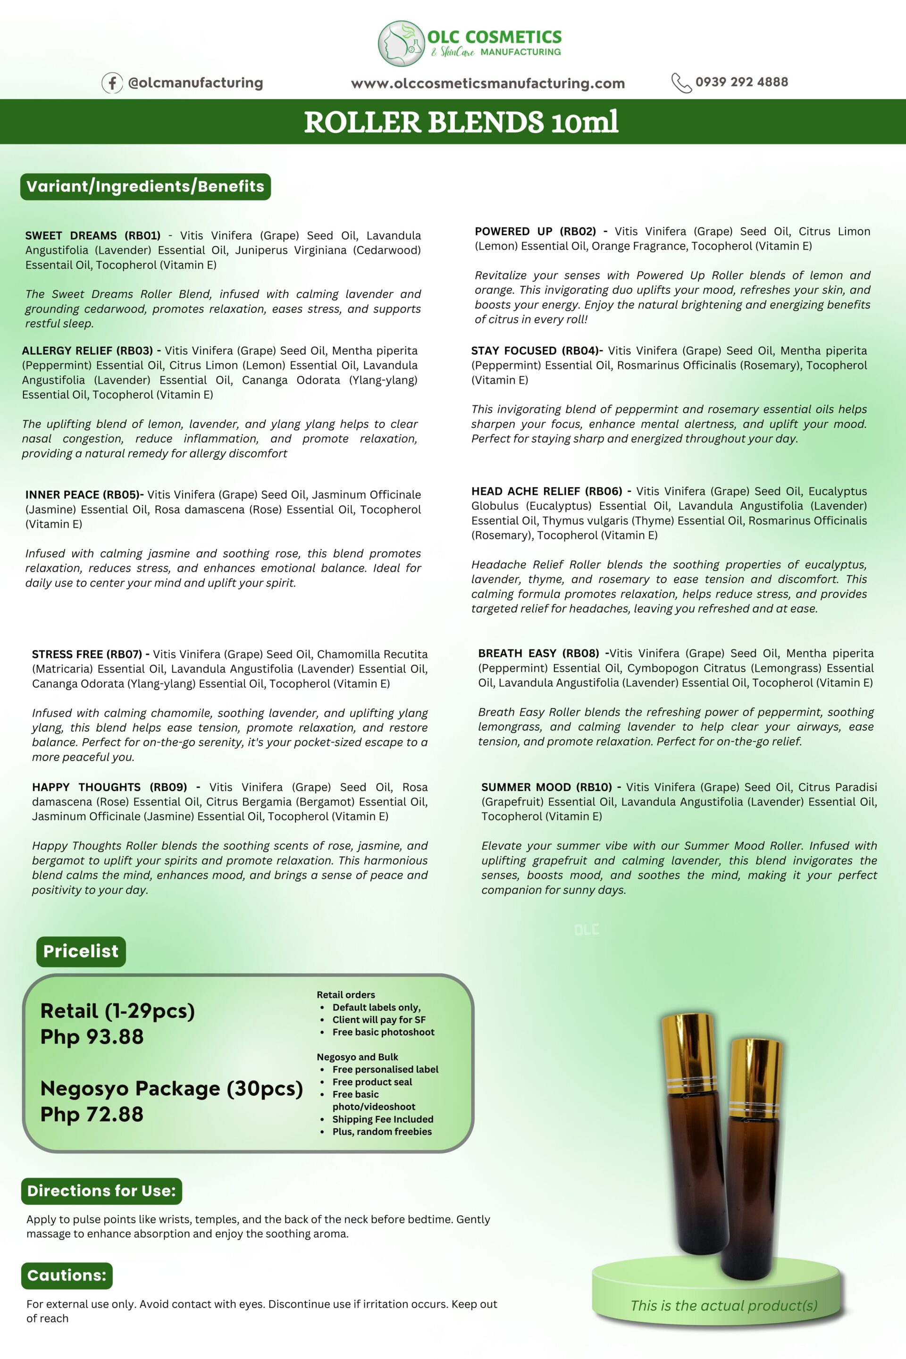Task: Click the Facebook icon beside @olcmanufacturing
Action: [112, 83]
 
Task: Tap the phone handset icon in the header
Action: [680, 83]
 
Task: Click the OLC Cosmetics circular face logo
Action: [401, 44]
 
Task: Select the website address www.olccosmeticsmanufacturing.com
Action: [487, 83]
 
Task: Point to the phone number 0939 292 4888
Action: [741, 82]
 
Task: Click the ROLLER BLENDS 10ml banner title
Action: [461, 122]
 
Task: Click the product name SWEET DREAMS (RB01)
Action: [92, 236]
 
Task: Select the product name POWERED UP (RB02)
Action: [535, 232]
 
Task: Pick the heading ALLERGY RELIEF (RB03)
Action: [87, 350]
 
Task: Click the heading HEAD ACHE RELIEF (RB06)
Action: [546, 492]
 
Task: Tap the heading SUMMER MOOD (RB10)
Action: [546, 787]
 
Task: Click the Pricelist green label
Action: [80, 951]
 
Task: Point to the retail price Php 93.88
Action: [92, 1037]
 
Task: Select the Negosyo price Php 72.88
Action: [92, 1114]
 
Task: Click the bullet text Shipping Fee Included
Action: [383, 1119]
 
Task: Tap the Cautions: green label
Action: [67, 1275]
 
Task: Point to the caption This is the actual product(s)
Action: [723, 1306]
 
